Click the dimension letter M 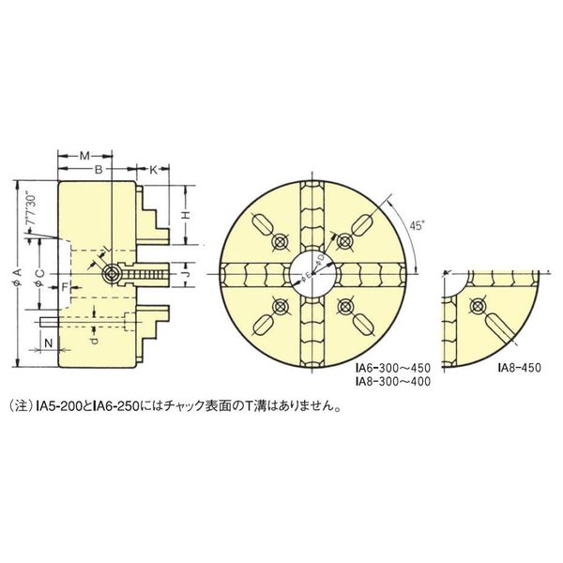coord(84,153)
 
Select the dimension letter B coord(97,169)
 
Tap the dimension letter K coord(153,169)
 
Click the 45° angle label coord(418,224)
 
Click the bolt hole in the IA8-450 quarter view coord(479,306)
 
